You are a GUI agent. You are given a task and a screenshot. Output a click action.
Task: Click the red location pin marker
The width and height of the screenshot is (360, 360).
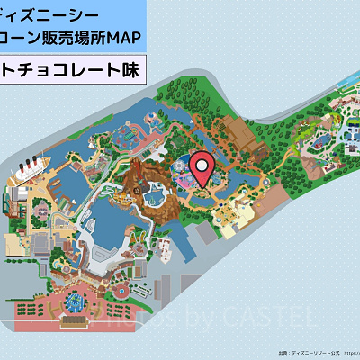pos(203,170)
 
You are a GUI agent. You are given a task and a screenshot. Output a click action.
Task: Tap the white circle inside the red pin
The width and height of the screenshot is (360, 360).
pos(203,165)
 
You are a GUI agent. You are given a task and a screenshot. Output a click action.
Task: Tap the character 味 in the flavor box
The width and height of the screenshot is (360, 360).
pos(129,68)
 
